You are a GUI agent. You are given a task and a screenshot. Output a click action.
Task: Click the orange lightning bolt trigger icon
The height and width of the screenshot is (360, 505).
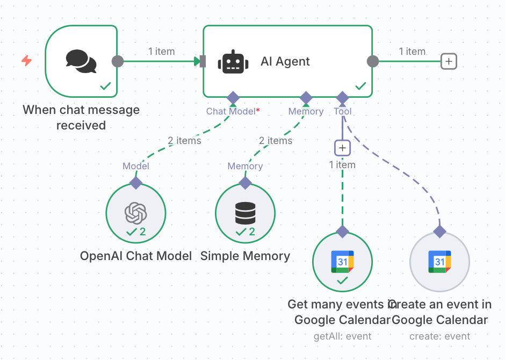[x=26, y=60]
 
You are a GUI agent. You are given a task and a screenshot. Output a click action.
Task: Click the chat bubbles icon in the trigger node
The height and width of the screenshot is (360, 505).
[x=81, y=61]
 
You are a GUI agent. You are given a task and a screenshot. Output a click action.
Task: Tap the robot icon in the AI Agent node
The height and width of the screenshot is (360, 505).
[x=233, y=61]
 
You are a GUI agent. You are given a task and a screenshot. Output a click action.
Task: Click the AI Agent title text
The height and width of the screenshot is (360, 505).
[x=285, y=61]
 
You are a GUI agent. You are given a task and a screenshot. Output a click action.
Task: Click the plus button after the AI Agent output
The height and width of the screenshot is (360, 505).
[x=449, y=61]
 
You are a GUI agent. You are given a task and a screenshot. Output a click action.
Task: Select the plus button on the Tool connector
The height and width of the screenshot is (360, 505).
[x=342, y=147]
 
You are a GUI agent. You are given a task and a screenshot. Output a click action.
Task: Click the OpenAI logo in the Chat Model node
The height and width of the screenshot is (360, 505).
[x=136, y=213]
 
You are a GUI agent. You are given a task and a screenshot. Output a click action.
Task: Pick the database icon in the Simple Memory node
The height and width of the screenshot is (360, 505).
[x=246, y=213]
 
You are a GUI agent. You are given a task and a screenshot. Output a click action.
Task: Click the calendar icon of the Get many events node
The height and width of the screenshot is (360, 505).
[x=342, y=262]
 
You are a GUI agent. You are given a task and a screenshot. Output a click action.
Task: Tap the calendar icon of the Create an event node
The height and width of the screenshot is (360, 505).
[x=439, y=262]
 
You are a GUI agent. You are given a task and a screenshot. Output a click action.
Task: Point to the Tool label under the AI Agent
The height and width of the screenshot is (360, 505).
[x=343, y=111]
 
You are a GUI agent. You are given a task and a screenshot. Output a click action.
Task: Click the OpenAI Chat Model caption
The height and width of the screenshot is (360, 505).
[x=136, y=256]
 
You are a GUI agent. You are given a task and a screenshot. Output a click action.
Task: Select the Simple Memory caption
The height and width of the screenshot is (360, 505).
[x=246, y=256]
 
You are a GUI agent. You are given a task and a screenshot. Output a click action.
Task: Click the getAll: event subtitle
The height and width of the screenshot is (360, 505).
[x=342, y=336]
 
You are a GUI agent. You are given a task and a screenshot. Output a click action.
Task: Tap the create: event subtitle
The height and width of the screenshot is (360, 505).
[x=439, y=336]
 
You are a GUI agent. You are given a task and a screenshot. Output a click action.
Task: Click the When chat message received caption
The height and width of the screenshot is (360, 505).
[x=81, y=118]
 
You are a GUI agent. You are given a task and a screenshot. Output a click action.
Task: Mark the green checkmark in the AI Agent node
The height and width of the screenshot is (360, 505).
[x=361, y=86]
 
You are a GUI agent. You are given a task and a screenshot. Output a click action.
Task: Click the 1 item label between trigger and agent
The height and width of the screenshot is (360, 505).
[x=162, y=52]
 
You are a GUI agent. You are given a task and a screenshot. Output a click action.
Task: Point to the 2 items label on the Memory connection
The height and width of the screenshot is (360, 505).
[x=276, y=141]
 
